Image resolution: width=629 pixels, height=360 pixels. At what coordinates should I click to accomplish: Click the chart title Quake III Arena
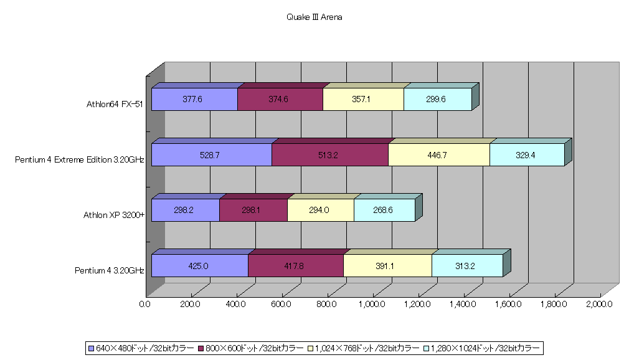pyautogui.click(x=314, y=17)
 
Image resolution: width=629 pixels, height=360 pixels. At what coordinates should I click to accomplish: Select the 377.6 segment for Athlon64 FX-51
pyautogui.click(x=194, y=99)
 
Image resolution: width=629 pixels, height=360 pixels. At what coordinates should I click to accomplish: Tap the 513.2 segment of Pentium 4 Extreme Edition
pyautogui.click(x=329, y=155)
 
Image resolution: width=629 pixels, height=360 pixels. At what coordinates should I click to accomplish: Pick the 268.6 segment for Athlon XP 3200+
pyautogui.click(x=384, y=210)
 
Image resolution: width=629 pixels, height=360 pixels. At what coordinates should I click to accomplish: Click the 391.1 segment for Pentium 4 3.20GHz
pyautogui.click(x=387, y=266)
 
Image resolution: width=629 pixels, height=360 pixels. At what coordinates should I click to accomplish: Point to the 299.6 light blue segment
pyautogui.click(x=438, y=99)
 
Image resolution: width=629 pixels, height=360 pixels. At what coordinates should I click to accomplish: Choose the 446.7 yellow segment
pyautogui.click(x=439, y=155)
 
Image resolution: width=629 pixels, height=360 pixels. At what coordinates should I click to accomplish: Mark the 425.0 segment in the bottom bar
pyautogui.click(x=200, y=266)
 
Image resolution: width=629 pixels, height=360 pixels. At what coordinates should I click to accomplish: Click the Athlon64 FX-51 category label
pyautogui.click(x=115, y=105)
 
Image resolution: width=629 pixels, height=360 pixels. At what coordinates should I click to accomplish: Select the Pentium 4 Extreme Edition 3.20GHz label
pyautogui.click(x=80, y=159)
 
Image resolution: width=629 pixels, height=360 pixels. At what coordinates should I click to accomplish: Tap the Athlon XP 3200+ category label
pyautogui.click(x=114, y=215)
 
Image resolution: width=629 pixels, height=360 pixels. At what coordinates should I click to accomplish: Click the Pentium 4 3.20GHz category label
pyautogui.click(x=110, y=270)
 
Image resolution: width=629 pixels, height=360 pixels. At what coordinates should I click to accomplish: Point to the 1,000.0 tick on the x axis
pyautogui.click(x=372, y=304)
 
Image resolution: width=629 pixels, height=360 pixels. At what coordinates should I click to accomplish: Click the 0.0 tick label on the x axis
pyautogui.click(x=144, y=304)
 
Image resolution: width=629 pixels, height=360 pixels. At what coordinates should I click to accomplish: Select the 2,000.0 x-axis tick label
pyautogui.click(x=599, y=304)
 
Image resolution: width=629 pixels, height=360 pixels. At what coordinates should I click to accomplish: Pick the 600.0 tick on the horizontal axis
pyautogui.click(x=281, y=304)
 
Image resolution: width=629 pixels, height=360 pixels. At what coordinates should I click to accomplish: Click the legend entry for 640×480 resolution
pyautogui.click(x=141, y=348)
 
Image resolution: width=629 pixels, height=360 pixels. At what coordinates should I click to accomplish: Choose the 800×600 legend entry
pyautogui.click(x=251, y=348)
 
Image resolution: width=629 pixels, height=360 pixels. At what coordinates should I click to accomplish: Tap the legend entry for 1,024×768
pyautogui.click(x=364, y=348)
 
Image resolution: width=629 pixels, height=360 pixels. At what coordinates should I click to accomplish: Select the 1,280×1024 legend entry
pyautogui.click(x=482, y=348)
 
